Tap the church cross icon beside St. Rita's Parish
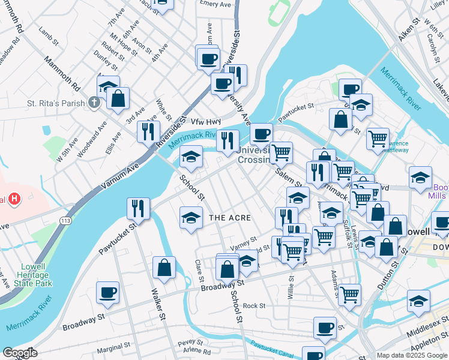pos(94,103)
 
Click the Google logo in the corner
pos(20,353)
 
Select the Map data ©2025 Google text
pos(412,355)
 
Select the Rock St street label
pos(254,305)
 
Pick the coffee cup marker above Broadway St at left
pos(107,292)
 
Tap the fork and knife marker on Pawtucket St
pos(138,208)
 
